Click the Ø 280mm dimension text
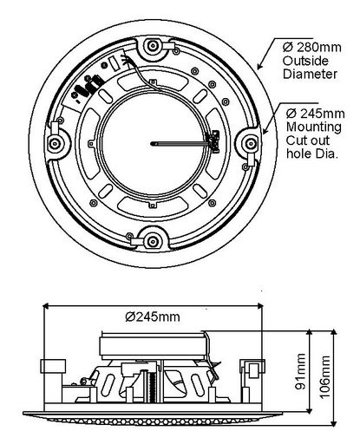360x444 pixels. tap(312, 47)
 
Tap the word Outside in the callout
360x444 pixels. tap(305, 61)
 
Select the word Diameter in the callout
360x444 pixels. tap(310, 74)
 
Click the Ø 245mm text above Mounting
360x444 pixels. tap(316, 114)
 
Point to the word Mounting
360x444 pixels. tap(314, 127)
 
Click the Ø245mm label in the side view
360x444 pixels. tap(153, 317)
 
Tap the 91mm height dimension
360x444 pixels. tap(301, 371)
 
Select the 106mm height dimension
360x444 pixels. tap(324, 377)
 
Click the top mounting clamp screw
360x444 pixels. tap(153, 46)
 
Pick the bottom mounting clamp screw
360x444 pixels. tap(152, 242)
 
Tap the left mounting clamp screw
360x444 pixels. tap(55, 143)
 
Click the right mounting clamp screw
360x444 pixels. tap(251, 143)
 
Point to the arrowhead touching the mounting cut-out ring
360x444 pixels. tap(265, 131)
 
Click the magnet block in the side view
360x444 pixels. tap(153, 346)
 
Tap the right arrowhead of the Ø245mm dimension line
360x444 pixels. tap(259, 305)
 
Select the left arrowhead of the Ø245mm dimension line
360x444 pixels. tap(47, 305)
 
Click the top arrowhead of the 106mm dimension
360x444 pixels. tap(334, 333)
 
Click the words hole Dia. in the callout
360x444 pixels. tap(312, 153)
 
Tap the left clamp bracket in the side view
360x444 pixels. tap(53, 366)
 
